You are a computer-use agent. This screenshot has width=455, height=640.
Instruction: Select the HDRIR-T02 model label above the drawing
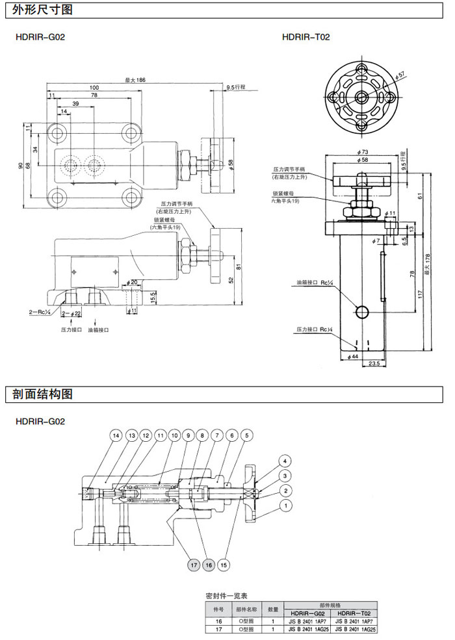tap(306, 37)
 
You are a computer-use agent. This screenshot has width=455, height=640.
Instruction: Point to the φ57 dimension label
tap(401, 75)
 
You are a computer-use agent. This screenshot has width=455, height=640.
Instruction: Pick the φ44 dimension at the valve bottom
tap(353, 356)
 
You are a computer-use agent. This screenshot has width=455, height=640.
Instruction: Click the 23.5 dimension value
tap(374, 364)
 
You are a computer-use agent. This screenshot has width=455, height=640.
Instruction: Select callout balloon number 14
tap(116, 435)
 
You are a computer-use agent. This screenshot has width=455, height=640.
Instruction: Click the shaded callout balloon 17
tap(194, 565)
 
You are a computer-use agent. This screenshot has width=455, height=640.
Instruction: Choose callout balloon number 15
tap(223, 565)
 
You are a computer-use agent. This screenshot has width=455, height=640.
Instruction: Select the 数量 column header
tap(274, 609)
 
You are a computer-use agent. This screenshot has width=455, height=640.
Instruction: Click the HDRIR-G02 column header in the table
tap(308, 613)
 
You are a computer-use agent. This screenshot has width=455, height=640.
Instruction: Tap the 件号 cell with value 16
tap(218, 621)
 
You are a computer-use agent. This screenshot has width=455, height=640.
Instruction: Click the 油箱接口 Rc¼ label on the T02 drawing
tap(314, 283)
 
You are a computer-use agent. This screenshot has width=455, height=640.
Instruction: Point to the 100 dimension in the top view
tap(94, 88)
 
